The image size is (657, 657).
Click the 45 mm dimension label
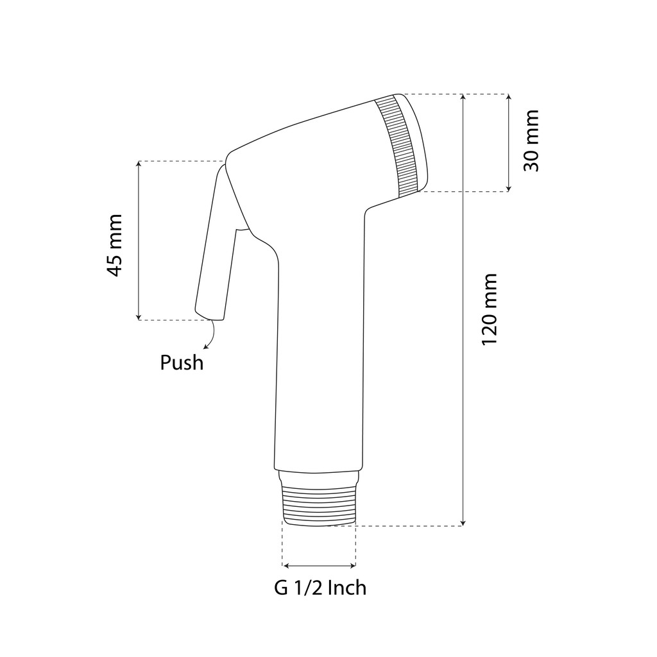coord(114,246)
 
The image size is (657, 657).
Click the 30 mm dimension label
coord(531,141)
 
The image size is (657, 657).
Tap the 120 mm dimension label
coord(489,310)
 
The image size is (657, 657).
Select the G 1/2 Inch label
coord(320,588)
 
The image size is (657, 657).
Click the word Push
coord(182,363)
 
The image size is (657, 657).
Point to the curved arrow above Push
coord(210,334)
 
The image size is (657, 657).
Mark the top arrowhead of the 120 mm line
coord(463,97)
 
